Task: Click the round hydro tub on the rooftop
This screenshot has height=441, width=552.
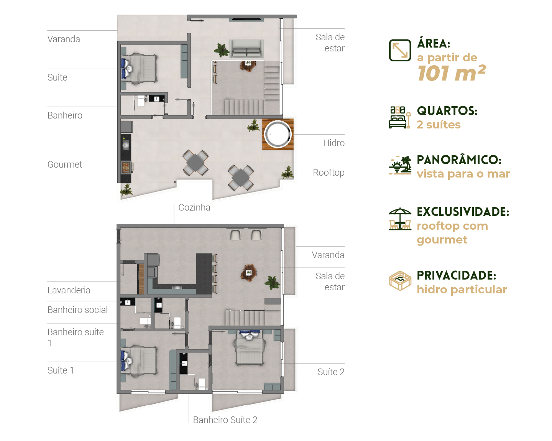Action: [x=278, y=134]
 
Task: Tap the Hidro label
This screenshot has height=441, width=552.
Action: [x=334, y=143]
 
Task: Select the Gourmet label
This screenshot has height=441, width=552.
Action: [x=65, y=164]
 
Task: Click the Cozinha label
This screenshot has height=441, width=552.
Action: [x=194, y=207]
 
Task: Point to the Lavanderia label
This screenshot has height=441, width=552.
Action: [x=69, y=290]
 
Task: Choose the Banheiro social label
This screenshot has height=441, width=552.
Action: [x=77, y=310]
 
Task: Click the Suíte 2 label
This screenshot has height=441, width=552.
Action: [x=331, y=372]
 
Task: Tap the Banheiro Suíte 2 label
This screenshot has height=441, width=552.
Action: [x=225, y=420]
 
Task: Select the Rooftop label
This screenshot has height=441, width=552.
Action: [x=329, y=173]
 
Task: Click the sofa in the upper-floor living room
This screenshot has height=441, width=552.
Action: [x=246, y=48]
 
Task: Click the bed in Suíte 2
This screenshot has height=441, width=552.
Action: [x=250, y=347]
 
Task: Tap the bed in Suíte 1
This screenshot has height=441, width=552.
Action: [x=139, y=362]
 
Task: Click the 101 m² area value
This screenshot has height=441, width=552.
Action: [x=452, y=73]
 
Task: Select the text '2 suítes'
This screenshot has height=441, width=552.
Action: [x=439, y=125]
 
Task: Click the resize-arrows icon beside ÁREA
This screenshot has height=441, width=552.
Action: [x=400, y=50]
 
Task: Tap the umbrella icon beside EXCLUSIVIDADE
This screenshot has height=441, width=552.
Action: [x=400, y=219]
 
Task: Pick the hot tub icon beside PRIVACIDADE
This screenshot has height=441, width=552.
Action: [x=400, y=281]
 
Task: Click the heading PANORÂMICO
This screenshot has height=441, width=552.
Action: [x=459, y=160]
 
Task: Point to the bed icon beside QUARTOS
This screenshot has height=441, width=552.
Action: [x=400, y=117]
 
